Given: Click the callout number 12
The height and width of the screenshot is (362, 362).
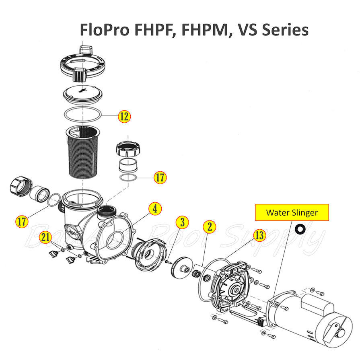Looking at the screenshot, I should (x=124, y=117).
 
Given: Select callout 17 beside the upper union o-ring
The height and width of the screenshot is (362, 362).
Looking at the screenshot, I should (x=160, y=177).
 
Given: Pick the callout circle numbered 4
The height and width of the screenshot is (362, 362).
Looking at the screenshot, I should (x=155, y=209).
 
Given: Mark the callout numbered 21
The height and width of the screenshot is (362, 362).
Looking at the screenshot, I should (x=45, y=238).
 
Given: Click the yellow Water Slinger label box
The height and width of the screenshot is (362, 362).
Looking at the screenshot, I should (x=292, y=213).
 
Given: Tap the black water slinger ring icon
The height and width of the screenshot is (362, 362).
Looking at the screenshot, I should (x=300, y=229).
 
